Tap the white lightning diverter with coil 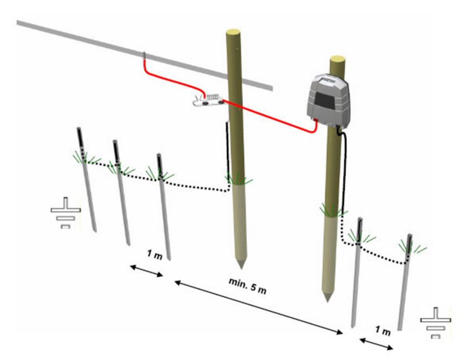[x=209, y=100]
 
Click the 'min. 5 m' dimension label [x=248, y=286]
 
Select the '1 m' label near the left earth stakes [x=155, y=255]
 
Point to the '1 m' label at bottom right [x=382, y=331]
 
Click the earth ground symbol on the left [x=66, y=213]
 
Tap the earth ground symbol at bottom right [x=435, y=323]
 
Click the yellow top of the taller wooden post [x=233, y=32]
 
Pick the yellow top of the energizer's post [x=337, y=59]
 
